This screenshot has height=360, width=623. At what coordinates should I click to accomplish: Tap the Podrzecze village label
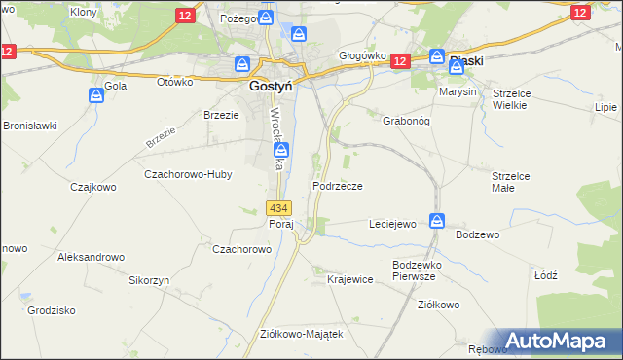click(338, 185)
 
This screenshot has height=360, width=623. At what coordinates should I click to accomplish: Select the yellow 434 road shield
click(278, 208)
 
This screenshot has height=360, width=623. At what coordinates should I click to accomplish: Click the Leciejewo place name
click(392, 224)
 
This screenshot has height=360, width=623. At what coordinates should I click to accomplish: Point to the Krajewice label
click(350, 279)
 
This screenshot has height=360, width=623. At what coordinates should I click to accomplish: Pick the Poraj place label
click(280, 224)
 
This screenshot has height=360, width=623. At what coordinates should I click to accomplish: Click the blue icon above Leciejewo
click(437, 221)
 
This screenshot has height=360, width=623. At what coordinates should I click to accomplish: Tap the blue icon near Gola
click(96, 95)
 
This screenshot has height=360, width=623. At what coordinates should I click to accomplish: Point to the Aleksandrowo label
click(92, 257)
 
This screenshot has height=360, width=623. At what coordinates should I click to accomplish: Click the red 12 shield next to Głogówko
click(398, 61)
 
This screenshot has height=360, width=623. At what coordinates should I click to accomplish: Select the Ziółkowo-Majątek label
click(302, 333)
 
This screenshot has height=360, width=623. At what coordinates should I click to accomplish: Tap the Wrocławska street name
click(275, 138)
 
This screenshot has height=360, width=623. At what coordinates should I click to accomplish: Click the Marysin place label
click(458, 91)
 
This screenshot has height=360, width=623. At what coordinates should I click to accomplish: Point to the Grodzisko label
click(53, 310)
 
